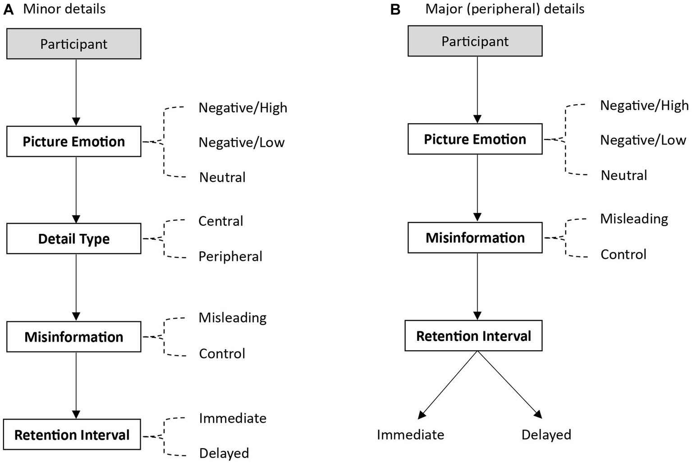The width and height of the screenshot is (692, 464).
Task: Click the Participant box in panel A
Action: click(x=73, y=44)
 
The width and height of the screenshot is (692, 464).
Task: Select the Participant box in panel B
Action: click(x=475, y=41)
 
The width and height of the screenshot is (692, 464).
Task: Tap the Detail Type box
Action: click(x=73, y=238)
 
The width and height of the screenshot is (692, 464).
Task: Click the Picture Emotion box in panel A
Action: click(x=73, y=141)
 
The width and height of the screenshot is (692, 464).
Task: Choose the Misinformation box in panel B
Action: click(x=475, y=237)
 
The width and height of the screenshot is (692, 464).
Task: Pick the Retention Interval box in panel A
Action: click(x=72, y=434)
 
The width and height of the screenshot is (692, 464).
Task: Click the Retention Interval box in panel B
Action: click(x=473, y=336)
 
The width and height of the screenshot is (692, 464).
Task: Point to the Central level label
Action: click(x=220, y=221)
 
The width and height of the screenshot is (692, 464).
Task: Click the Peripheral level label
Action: click(x=230, y=256)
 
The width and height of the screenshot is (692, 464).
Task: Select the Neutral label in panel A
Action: click(x=222, y=177)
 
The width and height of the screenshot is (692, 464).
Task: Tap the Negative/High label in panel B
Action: click(x=644, y=105)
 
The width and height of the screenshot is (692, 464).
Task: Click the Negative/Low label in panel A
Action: click(x=241, y=142)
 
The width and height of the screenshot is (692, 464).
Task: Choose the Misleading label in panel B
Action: click(x=634, y=218)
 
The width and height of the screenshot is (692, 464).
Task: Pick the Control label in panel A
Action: click(x=222, y=353)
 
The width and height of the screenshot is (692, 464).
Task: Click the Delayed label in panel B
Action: click(x=546, y=434)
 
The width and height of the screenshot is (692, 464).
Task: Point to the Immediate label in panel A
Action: click(x=233, y=418)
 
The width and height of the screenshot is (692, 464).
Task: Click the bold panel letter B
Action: click(x=395, y=9)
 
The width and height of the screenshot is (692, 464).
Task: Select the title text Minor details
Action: click(x=64, y=9)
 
